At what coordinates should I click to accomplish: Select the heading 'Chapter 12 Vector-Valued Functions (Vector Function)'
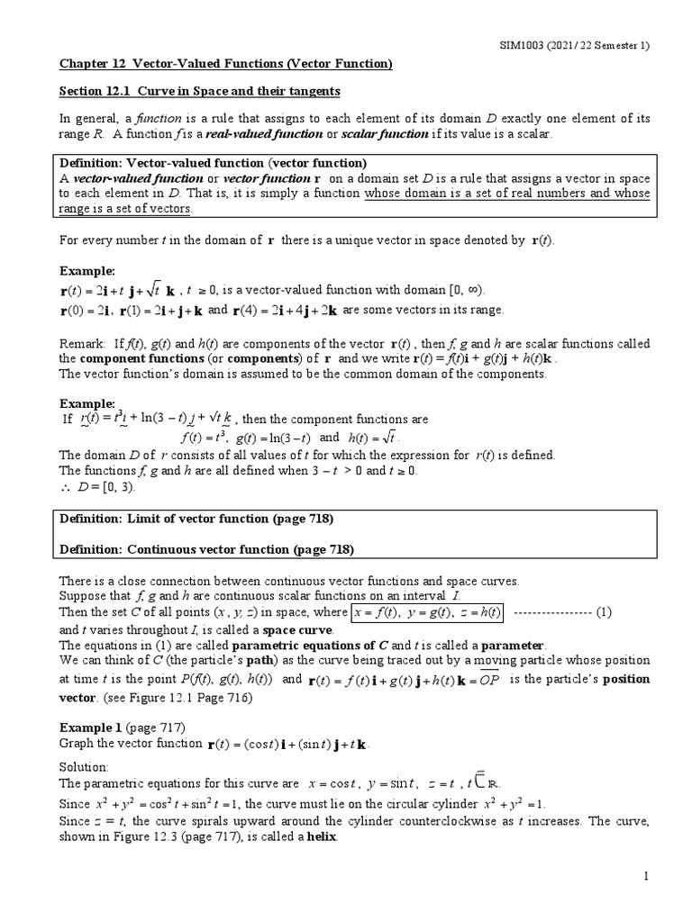tap(225, 64)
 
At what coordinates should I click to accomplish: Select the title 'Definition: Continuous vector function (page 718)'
tap(206, 548)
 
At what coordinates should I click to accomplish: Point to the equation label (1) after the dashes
tap(604, 612)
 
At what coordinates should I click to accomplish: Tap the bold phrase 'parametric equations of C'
tap(309, 646)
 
